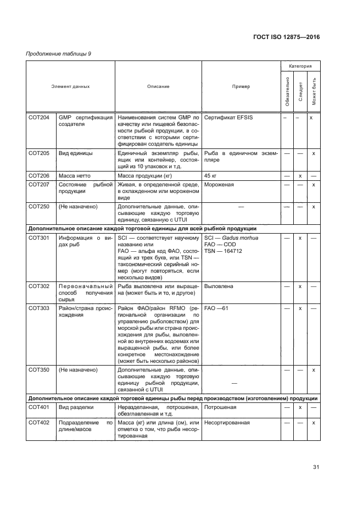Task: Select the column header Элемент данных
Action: click(x=70, y=87)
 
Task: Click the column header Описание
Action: click(x=158, y=87)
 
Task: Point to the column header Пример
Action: click(x=241, y=87)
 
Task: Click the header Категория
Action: click(x=300, y=65)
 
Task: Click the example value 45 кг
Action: click(x=210, y=175)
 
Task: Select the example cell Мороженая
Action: click(x=219, y=185)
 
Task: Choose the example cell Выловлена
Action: click(x=219, y=286)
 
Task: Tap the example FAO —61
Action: click(x=216, y=309)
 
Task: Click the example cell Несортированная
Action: click(x=227, y=423)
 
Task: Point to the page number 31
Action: click(x=316, y=467)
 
